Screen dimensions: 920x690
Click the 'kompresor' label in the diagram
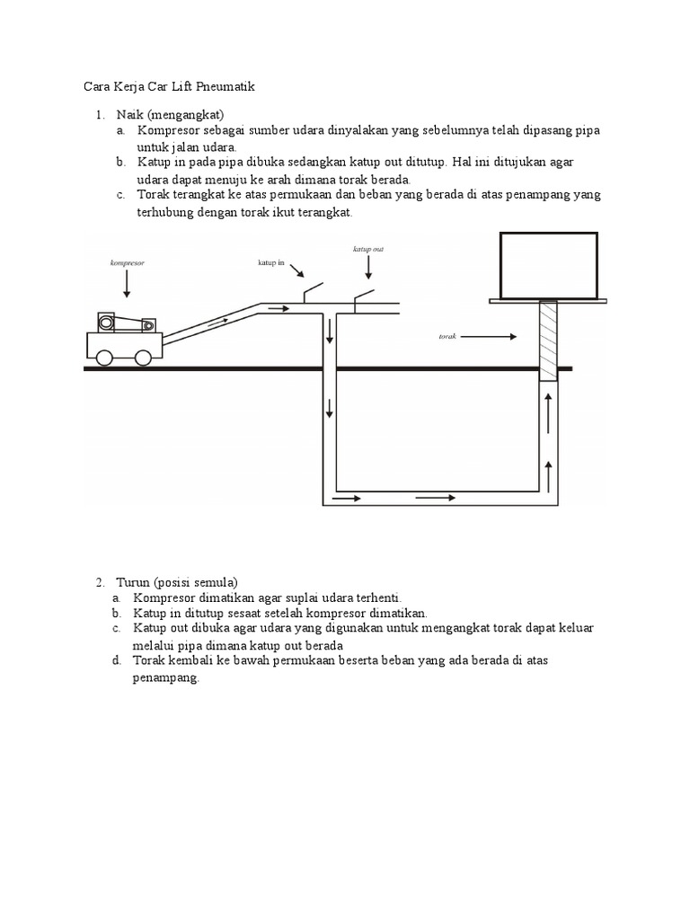(x=127, y=263)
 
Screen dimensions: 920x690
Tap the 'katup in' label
(x=270, y=263)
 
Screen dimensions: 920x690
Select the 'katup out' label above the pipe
(x=368, y=249)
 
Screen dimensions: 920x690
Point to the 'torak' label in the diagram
(x=448, y=337)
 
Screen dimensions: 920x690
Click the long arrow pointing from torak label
(x=491, y=337)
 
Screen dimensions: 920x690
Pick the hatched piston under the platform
(x=548, y=341)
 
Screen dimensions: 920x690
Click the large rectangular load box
(x=549, y=265)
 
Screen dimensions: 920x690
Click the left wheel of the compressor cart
(x=105, y=357)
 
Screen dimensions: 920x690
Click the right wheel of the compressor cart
(x=143, y=357)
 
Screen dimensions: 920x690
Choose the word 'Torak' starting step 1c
(x=154, y=195)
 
